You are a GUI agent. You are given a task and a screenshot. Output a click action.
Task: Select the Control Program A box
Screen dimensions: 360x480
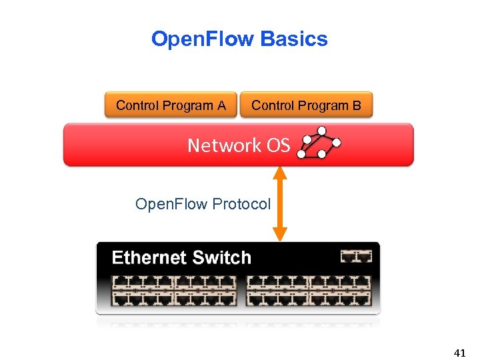pos(171,105)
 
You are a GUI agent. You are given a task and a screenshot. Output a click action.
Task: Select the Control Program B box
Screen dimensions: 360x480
pos(306,105)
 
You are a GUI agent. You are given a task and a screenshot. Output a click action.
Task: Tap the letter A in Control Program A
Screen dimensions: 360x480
pos(221,105)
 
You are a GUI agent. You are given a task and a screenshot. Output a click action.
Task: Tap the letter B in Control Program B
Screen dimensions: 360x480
pos(357,105)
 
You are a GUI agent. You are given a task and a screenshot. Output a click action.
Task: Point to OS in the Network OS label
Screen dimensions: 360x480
pos(279,145)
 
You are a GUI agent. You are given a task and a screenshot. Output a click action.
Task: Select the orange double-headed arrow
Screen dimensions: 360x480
pos(280,202)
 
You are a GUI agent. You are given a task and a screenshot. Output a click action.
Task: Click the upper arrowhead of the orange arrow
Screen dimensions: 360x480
pos(280,173)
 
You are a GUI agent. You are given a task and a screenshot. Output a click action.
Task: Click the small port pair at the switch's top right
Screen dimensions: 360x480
pos(355,256)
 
